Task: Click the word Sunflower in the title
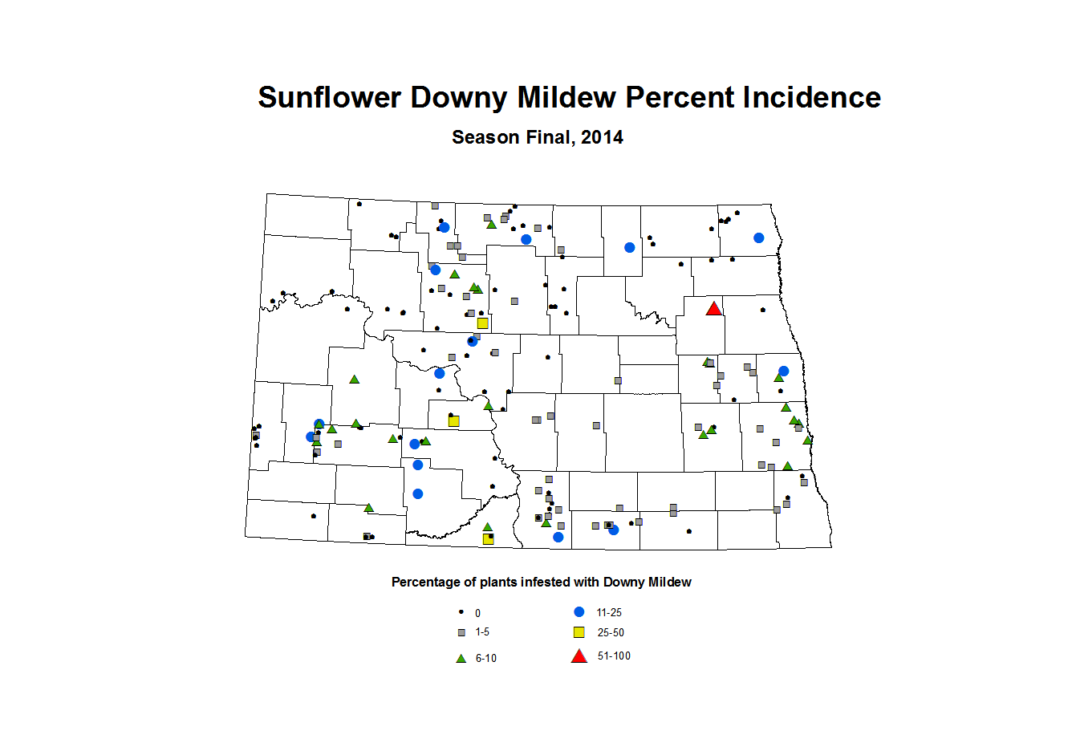click(329, 98)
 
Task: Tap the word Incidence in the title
click(811, 98)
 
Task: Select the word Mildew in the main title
click(566, 98)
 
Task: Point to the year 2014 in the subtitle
click(602, 137)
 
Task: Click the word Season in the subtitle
click(485, 137)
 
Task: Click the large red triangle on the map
click(713, 309)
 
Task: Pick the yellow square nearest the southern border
click(488, 538)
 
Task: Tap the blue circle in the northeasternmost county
click(758, 238)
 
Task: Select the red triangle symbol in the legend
click(579, 656)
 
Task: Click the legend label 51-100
click(614, 656)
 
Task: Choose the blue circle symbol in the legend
click(579, 611)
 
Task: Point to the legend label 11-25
click(609, 612)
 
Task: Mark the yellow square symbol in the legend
click(579, 632)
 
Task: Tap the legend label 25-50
click(611, 632)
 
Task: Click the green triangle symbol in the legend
click(461, 658)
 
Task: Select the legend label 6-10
click(485, 658)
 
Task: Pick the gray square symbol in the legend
click(461, 632)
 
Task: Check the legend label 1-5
click(481, 632)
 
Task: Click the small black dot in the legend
click(461, 611)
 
